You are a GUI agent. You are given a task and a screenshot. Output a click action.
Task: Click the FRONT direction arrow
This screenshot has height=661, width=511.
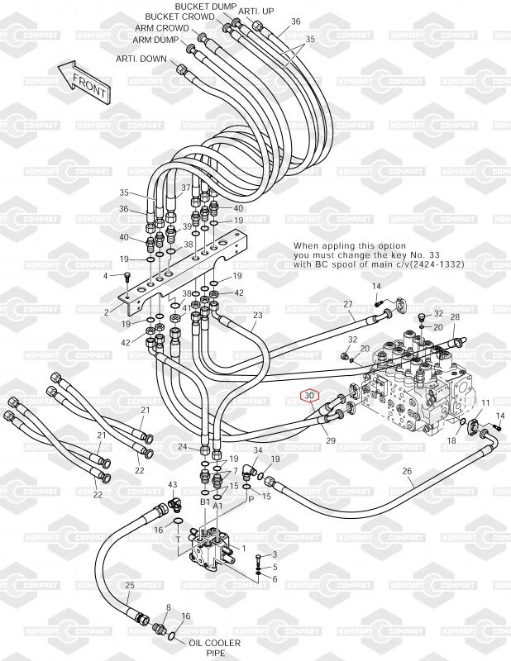click(84, 82)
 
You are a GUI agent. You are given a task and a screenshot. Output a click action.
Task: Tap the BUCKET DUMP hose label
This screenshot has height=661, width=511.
click(205, 7)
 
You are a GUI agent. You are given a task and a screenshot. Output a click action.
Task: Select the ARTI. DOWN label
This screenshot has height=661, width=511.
click(141, 59)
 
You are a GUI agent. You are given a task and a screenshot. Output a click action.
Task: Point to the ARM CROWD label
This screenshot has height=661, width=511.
click(162, 28)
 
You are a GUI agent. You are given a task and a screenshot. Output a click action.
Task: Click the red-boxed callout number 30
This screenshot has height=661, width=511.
click(310, 396)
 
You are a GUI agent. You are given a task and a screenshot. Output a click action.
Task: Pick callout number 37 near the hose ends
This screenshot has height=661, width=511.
click(186, 188)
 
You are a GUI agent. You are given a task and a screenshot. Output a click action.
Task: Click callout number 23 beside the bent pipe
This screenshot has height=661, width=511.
click(258, 315)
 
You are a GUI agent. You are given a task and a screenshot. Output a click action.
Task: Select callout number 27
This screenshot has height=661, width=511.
click(348, 304)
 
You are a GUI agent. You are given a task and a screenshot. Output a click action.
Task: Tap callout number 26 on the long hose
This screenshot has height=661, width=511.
click(407, 471)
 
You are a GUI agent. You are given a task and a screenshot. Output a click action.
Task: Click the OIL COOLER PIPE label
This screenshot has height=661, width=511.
click(215, 648)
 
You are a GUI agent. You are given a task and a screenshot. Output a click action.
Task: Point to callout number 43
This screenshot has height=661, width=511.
click(173, 485)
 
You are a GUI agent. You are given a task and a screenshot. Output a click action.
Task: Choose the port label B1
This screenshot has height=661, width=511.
click(205, 502)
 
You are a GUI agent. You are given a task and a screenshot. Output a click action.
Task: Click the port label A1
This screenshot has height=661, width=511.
click(217, 506)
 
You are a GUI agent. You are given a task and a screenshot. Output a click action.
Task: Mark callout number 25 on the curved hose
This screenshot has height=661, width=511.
click(130, 585)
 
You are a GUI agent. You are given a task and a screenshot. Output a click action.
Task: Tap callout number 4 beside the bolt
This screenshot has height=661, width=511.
click(106, 276)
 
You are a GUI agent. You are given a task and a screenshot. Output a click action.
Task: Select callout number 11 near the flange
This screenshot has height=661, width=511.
click(485, 402)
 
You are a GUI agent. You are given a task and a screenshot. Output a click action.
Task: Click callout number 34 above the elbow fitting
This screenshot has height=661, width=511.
click(258, 450)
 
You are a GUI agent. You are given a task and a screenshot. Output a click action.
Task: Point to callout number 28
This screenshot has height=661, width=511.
click(456, 316)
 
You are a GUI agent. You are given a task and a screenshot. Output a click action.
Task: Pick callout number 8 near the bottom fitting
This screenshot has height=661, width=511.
click(169, 607)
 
